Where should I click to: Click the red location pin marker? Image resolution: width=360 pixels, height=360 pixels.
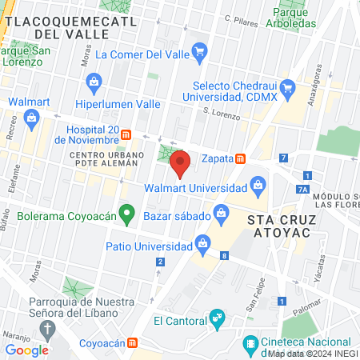180,164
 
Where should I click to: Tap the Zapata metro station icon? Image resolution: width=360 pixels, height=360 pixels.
240,158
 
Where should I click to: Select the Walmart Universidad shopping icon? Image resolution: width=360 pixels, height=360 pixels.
258,189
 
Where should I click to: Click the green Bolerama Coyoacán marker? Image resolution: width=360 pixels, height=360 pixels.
126,214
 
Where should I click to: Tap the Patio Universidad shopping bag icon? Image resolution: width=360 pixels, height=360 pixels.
202,242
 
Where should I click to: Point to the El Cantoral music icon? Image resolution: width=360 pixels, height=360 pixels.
216,321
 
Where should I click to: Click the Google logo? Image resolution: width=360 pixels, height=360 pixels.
26,350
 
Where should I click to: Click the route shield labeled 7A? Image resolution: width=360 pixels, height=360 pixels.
302,190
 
